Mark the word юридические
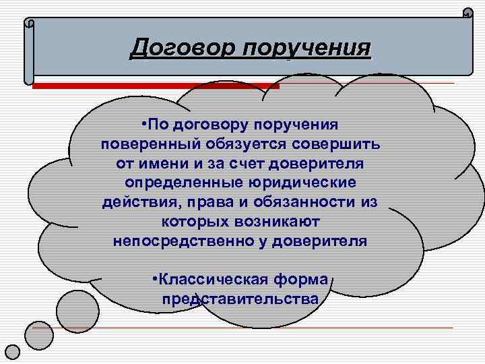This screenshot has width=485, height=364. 304,183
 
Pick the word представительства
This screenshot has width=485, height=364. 240,299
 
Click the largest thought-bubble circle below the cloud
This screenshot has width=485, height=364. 77,309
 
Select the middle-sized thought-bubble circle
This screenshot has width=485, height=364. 39,335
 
